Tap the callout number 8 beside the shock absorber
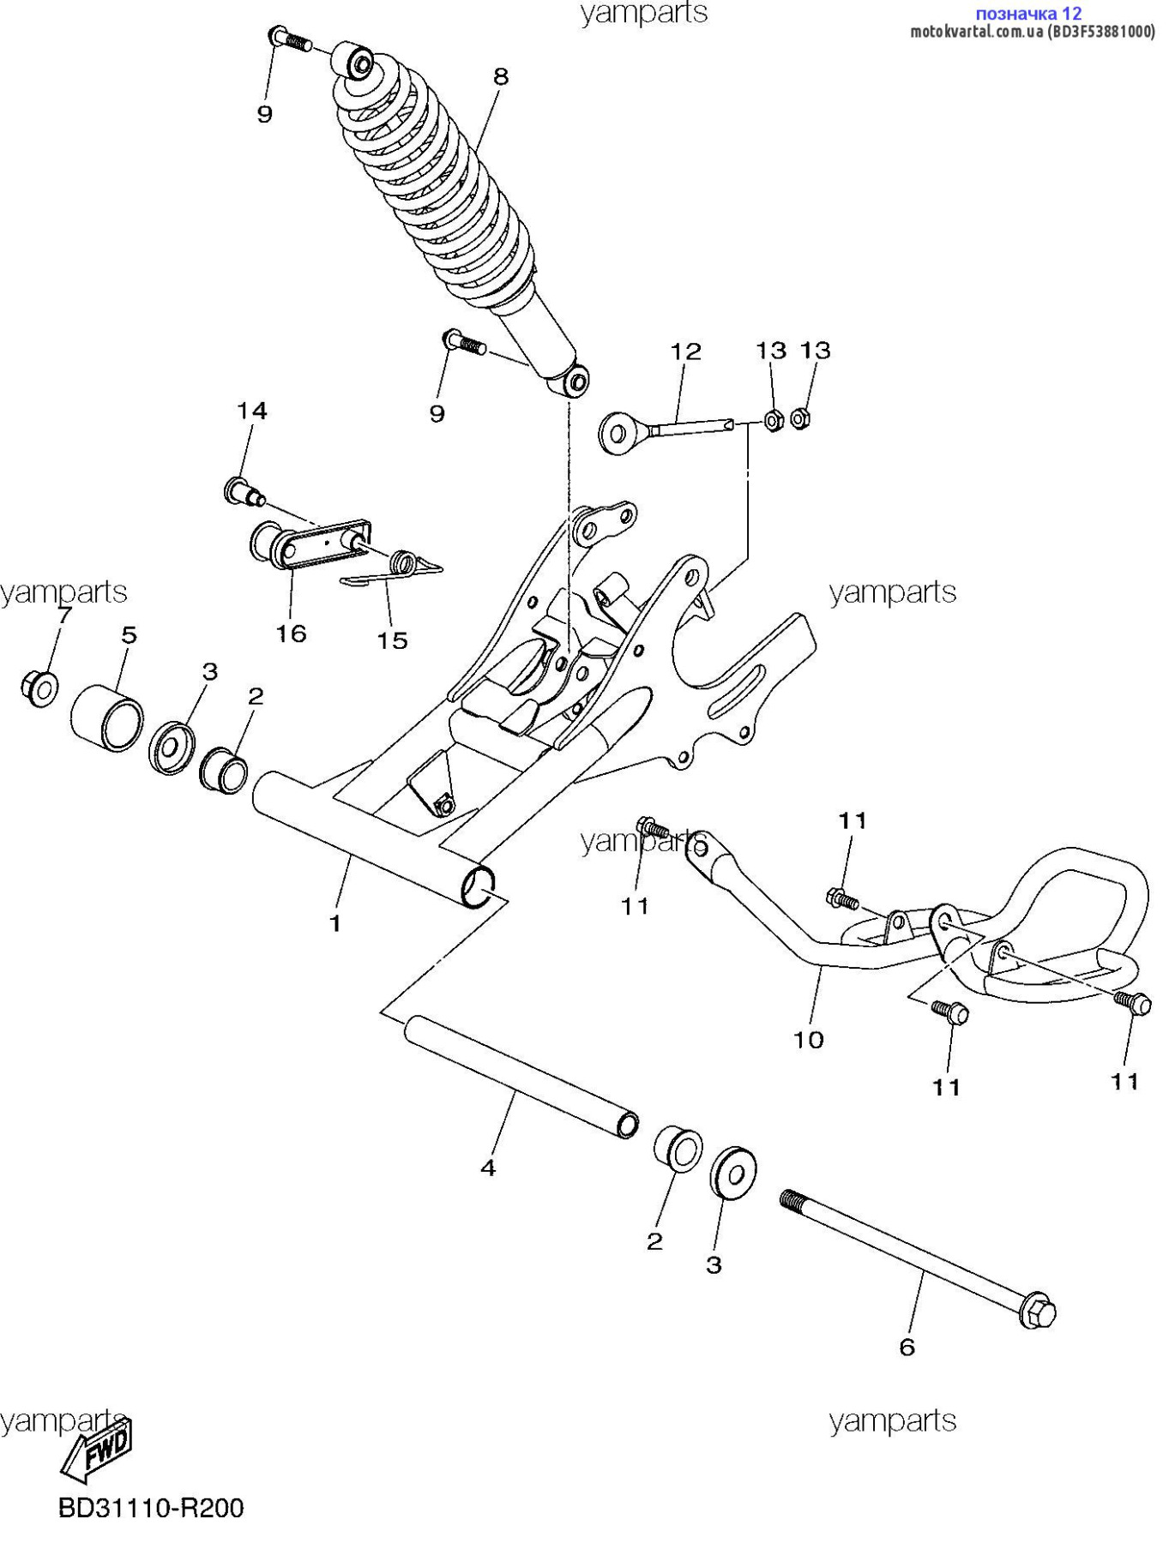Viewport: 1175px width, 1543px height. (501, 76)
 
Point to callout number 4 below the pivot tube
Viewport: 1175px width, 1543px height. (488, 1168)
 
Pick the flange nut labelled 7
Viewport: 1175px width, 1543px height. (39, 687)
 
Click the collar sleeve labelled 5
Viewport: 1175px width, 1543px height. (106, 717)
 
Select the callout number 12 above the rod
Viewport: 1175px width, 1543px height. (686, 351)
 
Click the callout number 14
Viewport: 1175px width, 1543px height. (252, 411)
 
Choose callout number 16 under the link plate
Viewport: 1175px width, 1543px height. (291, 633)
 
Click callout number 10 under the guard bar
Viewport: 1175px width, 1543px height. (809, 1040)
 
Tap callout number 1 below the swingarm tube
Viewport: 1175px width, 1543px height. (335, 923)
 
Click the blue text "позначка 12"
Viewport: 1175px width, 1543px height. (1029, 13)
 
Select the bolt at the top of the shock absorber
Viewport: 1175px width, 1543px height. (290, 39)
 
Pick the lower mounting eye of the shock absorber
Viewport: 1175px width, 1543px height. (576, 381)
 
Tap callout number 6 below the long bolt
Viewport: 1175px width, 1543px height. (907, 1348)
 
